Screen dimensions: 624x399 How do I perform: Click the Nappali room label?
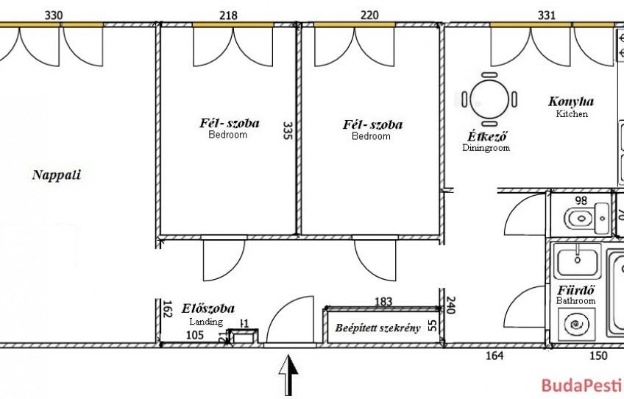(x=57, y=174)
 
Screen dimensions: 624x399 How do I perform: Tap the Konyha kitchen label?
(x=571, y=102)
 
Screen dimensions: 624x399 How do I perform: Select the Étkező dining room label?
(x=487, y=136)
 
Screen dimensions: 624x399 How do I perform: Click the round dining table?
(x=489, y=99)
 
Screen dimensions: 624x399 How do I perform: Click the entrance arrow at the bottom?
(x=288, y=375)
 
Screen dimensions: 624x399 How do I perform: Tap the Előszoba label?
(x=208, y=308)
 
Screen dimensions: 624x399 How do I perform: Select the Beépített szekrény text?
(x=377, y=328)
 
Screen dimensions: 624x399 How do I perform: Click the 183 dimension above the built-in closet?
(x=383, y=301)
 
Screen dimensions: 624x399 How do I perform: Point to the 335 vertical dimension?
(x=288, y=130)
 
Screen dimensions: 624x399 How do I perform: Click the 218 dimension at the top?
(x=228, y=15)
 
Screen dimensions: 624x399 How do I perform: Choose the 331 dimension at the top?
(x=547, y=15)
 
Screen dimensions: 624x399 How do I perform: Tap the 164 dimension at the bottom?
(x=494, y=355)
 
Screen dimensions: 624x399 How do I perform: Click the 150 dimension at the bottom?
(x=598, y=356)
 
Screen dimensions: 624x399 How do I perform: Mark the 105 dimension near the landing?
(x=195, y=335)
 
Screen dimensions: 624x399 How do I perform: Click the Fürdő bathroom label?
(x=576, y=289)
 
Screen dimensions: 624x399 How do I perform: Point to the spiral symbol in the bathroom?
(x=577, y=325)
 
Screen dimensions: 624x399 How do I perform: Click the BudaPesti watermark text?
(x=582, y=386)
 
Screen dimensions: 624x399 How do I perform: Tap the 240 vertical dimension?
(x=450, y=305)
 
